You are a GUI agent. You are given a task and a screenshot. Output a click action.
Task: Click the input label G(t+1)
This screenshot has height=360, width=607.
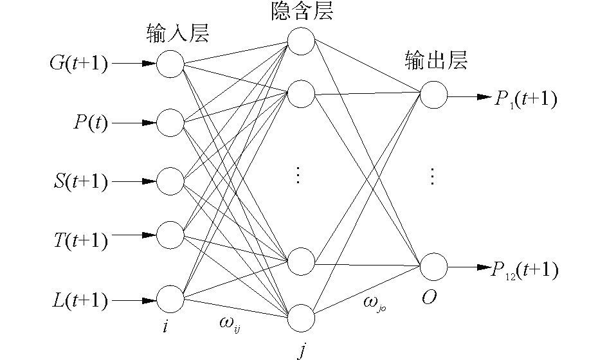point(78,64)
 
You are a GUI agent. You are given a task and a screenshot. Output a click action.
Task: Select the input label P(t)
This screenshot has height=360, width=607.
point(90,122)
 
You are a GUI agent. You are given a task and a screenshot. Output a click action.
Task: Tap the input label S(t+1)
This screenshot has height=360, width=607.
point(80,181)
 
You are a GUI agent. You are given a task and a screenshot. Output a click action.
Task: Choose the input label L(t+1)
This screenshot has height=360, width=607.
point(80,300)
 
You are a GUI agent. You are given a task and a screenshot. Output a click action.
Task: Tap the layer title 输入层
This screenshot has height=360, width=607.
point(178,33)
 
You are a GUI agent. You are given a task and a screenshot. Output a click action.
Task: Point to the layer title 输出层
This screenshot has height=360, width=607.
point(435,60)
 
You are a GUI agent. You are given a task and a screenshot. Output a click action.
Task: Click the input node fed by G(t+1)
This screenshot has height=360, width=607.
point(171,64)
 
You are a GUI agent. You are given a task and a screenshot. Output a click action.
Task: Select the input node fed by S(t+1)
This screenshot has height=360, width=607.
point(171,181)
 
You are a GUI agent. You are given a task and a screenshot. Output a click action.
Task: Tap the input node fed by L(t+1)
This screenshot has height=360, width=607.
point(171,300)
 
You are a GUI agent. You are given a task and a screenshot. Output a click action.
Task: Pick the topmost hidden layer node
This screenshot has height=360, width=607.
point(301,42)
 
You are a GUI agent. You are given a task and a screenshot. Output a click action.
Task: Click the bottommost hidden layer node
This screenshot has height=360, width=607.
point(301,318)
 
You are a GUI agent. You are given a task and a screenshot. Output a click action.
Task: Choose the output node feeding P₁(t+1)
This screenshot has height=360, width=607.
point(433,94)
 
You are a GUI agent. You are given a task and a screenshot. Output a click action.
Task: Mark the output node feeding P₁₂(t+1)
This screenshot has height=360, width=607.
point(433,266)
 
